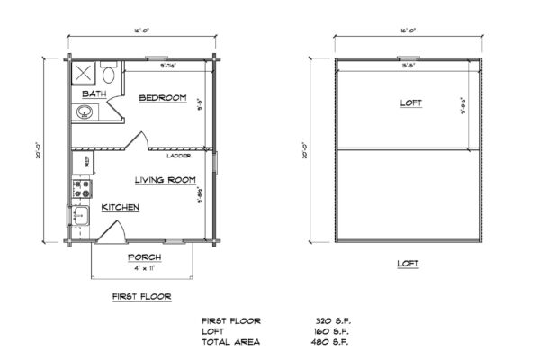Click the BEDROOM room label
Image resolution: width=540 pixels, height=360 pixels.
[162, 97]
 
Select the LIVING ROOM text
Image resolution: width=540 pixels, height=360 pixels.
[165, 180]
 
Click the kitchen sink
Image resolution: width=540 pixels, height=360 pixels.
[77, 216]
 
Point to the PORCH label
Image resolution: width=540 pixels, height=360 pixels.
[144, 256]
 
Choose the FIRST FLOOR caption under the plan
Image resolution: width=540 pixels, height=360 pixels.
[141, 295]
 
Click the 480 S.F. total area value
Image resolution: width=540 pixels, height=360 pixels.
[322, 342]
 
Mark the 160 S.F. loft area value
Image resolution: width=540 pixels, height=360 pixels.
[322, 331]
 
